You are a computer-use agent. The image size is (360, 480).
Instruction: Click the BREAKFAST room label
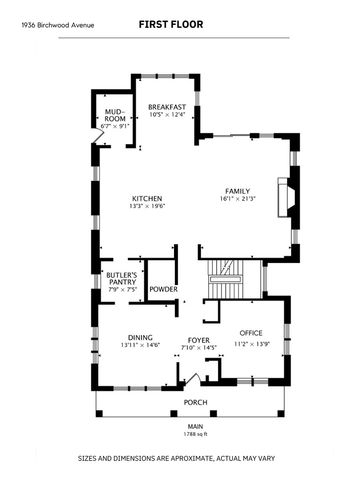coord(167,107)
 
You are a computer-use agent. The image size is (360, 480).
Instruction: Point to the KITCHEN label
coord(148,198)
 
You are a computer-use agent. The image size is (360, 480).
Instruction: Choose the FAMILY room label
coord(237,191)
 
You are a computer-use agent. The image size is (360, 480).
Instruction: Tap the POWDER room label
coord(164,290)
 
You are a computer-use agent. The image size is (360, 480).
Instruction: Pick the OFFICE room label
coord(250,333)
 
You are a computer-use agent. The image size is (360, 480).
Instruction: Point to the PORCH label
coord(195,403)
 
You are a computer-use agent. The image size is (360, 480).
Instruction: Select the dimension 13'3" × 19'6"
coord(148,206)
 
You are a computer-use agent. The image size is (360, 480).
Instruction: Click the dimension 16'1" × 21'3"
coord(237,199)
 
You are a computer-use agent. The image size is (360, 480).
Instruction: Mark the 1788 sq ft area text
coord(196,434)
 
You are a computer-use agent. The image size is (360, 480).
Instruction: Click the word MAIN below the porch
coord(196,427)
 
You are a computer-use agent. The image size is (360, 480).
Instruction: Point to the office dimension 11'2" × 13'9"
coord(250,344)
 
